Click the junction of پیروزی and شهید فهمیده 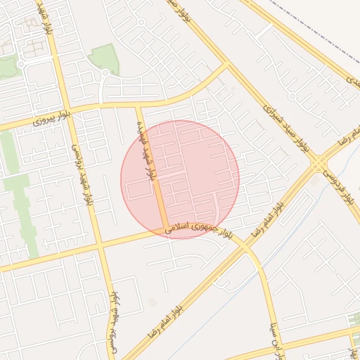click(x=138, y=106)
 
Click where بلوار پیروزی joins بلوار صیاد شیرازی click(x=226, y=65)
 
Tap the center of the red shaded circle click(x=180, y=179)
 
